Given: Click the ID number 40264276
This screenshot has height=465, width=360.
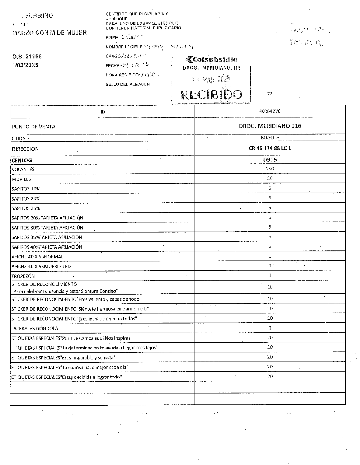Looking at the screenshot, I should point(270,111).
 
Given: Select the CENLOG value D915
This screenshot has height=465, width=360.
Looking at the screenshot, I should point(270,159).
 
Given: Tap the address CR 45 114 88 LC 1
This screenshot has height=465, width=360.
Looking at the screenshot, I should point(270,149).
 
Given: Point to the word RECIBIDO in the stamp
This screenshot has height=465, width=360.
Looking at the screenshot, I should point(211,95).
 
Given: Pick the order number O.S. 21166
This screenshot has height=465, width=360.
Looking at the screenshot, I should point(27,57).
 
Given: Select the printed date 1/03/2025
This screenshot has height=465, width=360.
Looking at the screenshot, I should point(25,65).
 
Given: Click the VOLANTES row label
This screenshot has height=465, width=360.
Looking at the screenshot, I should point(23,170).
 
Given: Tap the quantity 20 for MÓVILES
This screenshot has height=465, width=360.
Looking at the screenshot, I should point(270,178).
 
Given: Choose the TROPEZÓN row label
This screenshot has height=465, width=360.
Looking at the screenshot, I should point(23,276).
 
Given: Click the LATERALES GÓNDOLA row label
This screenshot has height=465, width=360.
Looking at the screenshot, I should point(35,328).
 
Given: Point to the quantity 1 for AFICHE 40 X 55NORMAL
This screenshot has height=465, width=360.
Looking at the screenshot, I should point(270,256).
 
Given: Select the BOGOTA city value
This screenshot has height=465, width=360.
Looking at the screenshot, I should point(270,138).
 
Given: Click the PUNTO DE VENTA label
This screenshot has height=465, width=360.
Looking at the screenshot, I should point(33,127).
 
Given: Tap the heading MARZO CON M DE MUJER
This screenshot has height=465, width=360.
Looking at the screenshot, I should point(49,33).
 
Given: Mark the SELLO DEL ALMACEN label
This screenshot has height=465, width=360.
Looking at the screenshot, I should point(128,84).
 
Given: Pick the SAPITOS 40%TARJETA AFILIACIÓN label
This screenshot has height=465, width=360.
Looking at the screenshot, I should point(47,247).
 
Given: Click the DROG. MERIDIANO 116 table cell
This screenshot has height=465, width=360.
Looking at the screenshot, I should point(270,126).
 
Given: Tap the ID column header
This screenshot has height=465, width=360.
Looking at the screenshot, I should point(103,112).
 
